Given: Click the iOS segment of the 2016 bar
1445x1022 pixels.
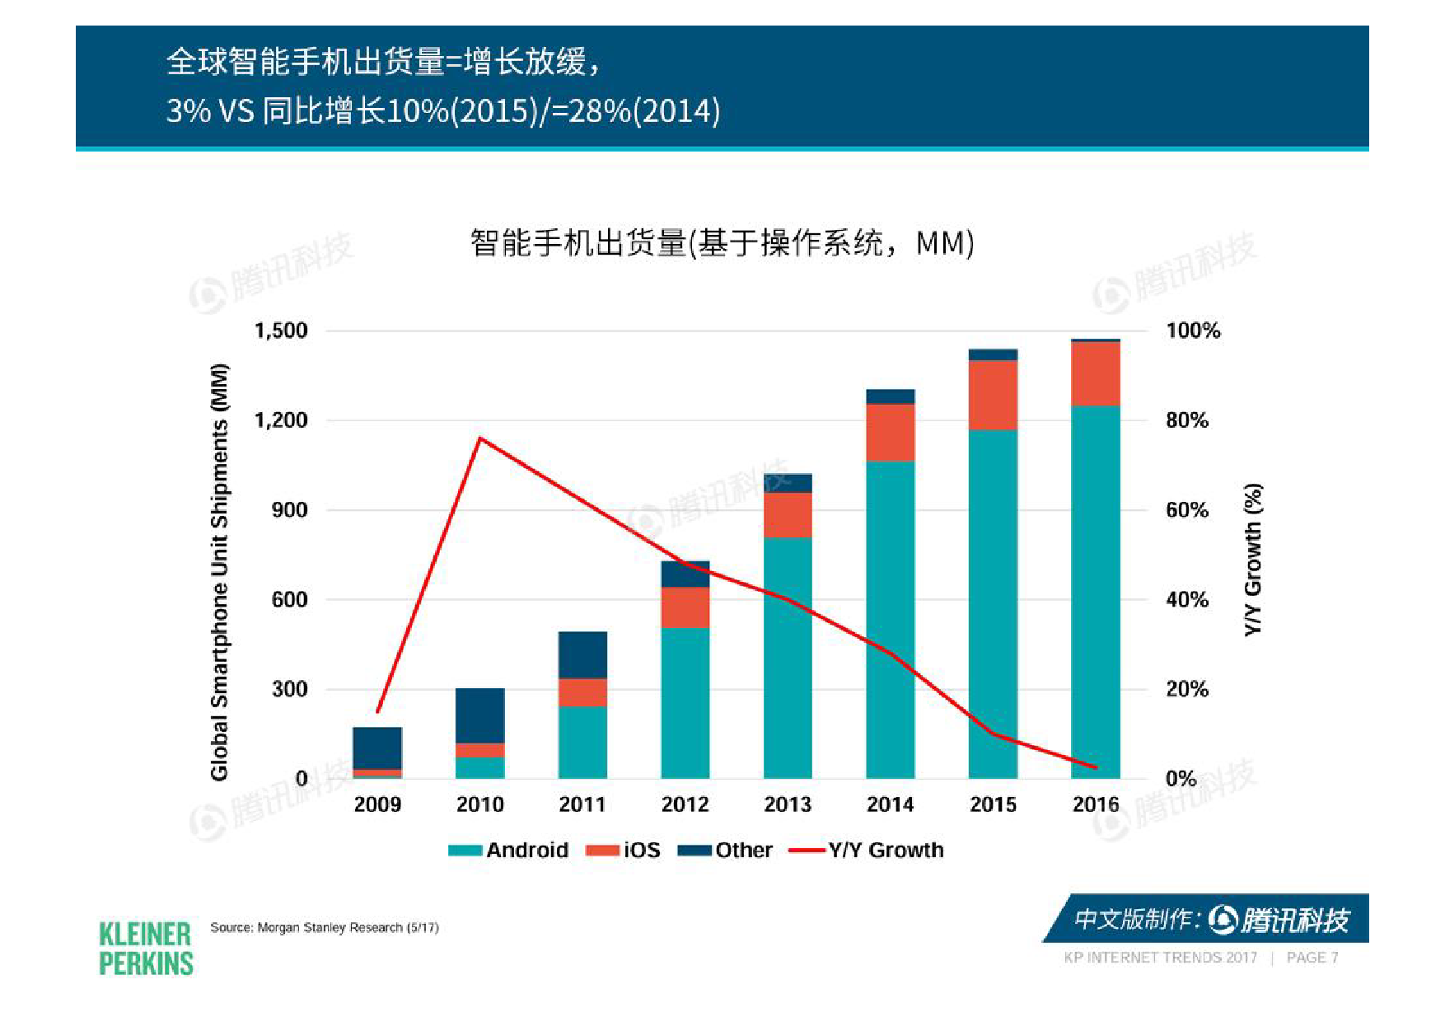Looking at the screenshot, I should (1095, 373).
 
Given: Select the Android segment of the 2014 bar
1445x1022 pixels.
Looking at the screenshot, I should (890, 618).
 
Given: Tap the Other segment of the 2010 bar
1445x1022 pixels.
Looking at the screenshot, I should (479, 715).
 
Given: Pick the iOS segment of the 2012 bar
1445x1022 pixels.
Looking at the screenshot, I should (685, 607).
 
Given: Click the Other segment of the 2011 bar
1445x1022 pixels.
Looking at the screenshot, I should (582, 655).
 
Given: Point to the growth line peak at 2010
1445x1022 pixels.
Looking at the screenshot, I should (480, 438).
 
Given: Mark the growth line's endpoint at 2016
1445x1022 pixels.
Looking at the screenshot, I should (1096, 767).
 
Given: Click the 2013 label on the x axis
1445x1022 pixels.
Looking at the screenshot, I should (787, 804).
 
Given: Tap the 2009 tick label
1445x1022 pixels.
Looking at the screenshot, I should (377, 804).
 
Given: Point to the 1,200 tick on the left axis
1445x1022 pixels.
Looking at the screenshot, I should (281, 420).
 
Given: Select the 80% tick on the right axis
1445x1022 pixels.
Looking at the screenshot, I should (1186, 420).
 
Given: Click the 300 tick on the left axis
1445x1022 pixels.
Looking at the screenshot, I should (289, 689).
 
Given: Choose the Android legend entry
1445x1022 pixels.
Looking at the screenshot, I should (508, 850).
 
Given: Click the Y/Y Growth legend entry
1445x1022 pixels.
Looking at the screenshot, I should (867, 850).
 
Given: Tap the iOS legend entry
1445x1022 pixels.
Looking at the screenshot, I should (624, 850).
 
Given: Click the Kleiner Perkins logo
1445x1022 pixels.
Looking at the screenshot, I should (146, 949).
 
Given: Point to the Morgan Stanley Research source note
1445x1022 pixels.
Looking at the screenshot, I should (324, 927).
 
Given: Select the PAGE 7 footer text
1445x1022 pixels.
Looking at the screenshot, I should (1312, 958).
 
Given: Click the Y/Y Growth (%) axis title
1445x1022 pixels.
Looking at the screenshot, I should (1253, 559).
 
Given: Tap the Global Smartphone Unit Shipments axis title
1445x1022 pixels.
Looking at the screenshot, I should (219, 571).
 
